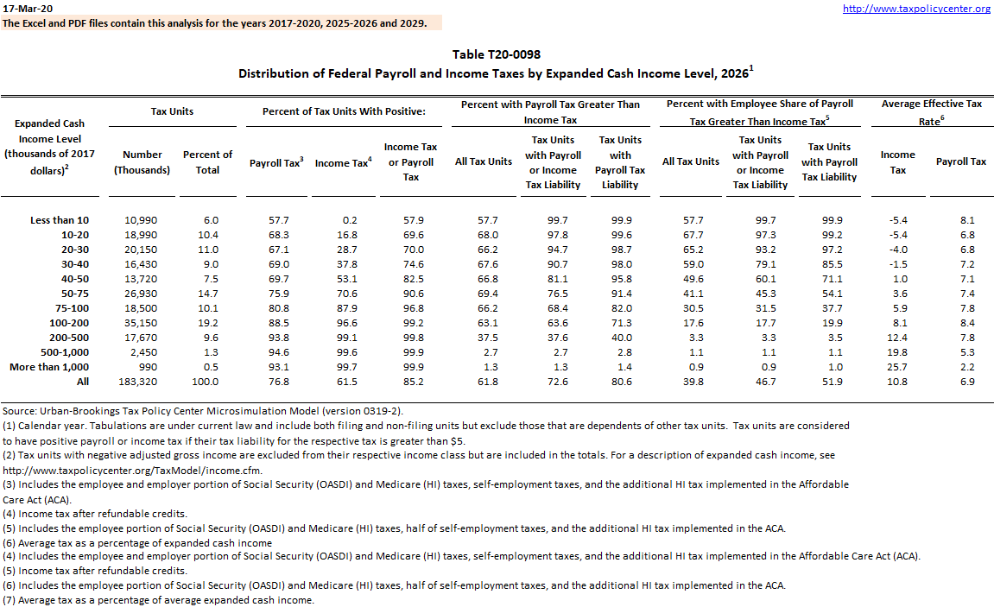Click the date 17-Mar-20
click(x=25, y=8)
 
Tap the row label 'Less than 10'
click(x=60, y=220)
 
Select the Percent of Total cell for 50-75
click(x=208, y=293)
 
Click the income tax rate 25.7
click(x=898, y=366)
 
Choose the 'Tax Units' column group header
click(x=173, y=111)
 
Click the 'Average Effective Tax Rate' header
click(x=931, y=112)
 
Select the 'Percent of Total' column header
click(x=208, y=162)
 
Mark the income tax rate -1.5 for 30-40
click(x=898, y=263)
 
